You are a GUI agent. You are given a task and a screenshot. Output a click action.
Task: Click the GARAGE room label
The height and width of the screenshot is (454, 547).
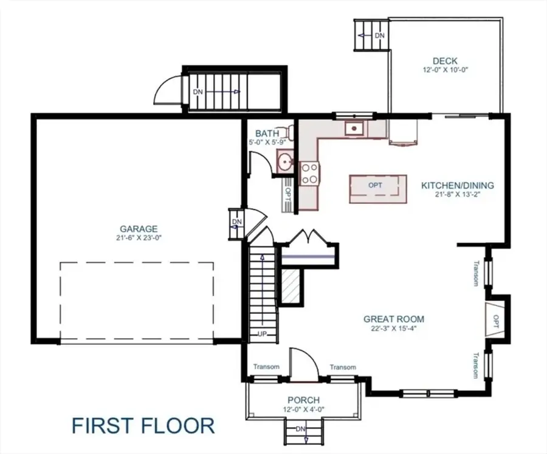coord(139,229)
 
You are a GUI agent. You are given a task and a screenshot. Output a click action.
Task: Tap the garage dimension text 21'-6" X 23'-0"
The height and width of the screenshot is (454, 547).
coord(139,238)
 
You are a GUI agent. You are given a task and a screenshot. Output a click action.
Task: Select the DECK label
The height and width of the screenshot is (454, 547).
coord(445,61)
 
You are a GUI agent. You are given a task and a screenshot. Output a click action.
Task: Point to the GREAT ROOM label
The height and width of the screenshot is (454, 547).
coord(394,319)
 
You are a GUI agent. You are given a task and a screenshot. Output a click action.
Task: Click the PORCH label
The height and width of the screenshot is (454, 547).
coord(303,400)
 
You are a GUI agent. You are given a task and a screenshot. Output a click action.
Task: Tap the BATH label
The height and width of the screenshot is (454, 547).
coord(267,134)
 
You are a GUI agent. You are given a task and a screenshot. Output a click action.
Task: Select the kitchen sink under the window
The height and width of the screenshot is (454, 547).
coord(353,128)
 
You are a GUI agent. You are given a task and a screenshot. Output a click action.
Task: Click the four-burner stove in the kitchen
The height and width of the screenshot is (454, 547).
coord(310,172)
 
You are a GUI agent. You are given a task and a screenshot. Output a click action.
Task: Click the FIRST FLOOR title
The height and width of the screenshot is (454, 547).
coord(143,425)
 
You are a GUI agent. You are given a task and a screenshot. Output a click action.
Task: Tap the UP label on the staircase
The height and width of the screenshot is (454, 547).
coord(263,334)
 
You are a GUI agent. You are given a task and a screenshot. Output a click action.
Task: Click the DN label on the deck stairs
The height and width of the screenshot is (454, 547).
coord(380,36)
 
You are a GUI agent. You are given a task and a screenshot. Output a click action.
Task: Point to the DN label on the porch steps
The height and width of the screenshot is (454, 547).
coord(301,429)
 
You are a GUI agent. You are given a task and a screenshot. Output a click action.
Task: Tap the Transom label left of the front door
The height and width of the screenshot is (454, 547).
coord(266,367)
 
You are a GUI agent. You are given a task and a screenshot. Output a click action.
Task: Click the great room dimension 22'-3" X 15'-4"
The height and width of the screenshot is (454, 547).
coord(394,328)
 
